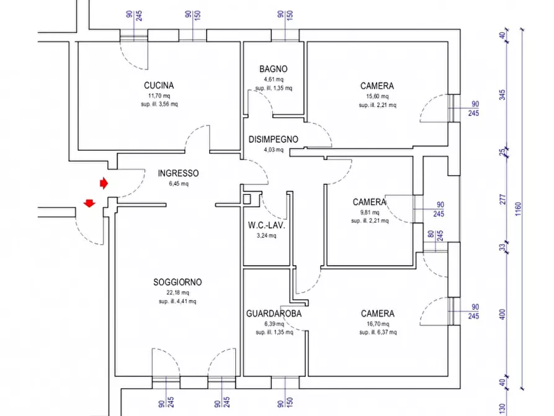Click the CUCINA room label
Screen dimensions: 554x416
[x=159, y=86]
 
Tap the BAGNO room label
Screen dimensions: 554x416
[x=273, y=69]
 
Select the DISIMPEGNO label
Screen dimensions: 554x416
[x=273, y=139]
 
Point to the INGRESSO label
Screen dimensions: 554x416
[x=178, y=173]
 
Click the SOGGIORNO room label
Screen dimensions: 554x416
[x=177, y=283]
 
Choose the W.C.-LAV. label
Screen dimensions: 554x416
[x=266, y=225]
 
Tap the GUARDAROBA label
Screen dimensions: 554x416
[x=274, y=314]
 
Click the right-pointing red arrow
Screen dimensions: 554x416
[x=104, y=183]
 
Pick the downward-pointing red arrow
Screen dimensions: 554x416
[x=89, y=203]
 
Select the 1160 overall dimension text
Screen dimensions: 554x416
[x=518, y=209]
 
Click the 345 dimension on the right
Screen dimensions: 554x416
[x=503, y=95]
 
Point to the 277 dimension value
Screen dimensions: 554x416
[x=503, y=199]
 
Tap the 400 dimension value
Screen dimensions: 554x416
[x=503, y=314]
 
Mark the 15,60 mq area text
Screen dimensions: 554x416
[x=377, y=96]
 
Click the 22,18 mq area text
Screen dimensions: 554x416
[x=177, y=292]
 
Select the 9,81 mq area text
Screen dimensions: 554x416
[x=370, y=212]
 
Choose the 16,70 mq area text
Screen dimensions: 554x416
[x=378, y=323]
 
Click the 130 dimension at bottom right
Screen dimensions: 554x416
[x=503, y=409]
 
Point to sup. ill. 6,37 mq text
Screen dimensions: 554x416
[x=378, y=332]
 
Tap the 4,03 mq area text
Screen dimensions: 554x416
[x=274, y=150]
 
